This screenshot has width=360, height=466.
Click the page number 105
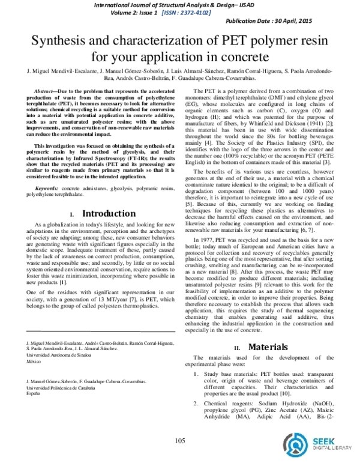pos(179,442)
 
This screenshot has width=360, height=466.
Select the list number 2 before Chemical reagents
pos(196,402)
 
